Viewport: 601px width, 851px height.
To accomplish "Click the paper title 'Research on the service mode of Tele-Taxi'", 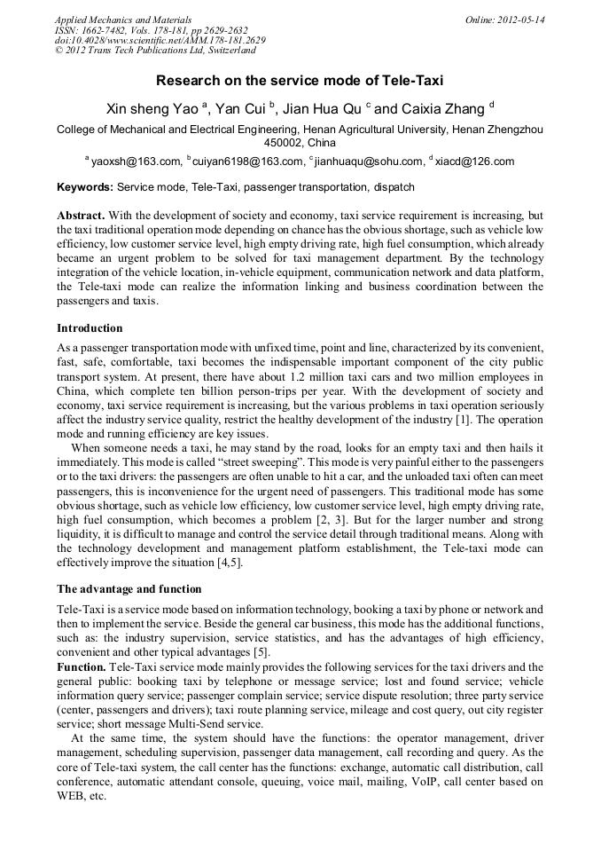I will [300, 81].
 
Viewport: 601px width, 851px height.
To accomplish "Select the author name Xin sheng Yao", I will [152, 109].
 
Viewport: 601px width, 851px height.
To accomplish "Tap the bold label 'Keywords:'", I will [85, 188].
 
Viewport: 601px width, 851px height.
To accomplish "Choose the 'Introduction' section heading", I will [90, 327].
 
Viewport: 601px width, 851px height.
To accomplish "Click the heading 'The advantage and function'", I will [129, 588].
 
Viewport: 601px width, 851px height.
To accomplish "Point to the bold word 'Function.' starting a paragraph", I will [82, 666].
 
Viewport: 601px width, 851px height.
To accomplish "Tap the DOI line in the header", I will [160, 41].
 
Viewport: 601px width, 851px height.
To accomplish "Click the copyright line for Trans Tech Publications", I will [155, 51].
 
